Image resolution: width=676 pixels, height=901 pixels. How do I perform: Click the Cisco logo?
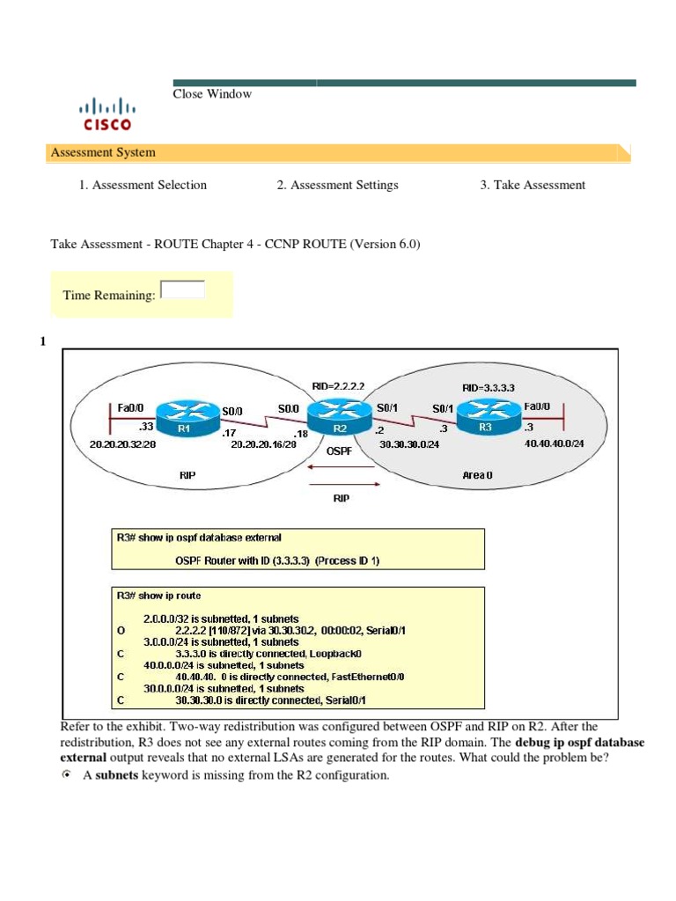pos(106,114)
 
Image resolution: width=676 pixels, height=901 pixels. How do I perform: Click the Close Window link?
pos(212,94)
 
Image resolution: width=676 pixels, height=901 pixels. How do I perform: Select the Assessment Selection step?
pos(143,185)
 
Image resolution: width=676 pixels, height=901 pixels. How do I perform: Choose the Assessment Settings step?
pos(337,185)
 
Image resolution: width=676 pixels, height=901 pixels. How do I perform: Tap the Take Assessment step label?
pos(533,185)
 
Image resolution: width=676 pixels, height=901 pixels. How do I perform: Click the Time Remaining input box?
pos(184,289)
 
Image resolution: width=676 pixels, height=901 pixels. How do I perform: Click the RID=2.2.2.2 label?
pos(338,385)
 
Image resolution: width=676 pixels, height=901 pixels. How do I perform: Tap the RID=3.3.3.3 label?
pos(488,387)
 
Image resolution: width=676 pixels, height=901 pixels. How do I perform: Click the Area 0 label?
pos(477,475)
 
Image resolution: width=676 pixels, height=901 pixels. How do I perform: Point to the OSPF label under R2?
pos(340,450)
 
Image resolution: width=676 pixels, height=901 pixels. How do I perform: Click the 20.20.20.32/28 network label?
pos(122,445)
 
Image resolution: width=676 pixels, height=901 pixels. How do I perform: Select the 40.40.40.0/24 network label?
pos(554,444)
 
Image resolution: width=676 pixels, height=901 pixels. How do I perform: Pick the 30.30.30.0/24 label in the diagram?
pos(409,444)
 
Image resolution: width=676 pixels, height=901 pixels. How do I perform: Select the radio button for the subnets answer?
pos(67,775)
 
